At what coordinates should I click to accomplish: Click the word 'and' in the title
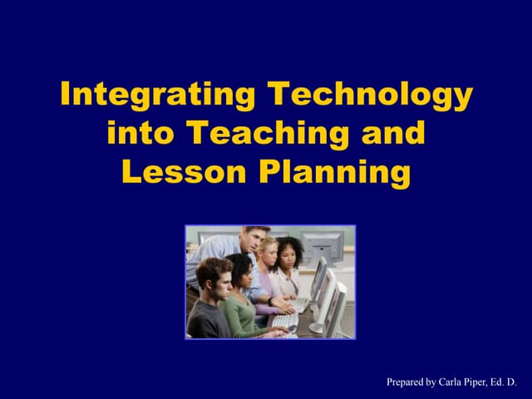392,133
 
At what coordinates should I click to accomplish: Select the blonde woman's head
268,249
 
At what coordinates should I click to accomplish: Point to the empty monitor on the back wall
323,244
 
